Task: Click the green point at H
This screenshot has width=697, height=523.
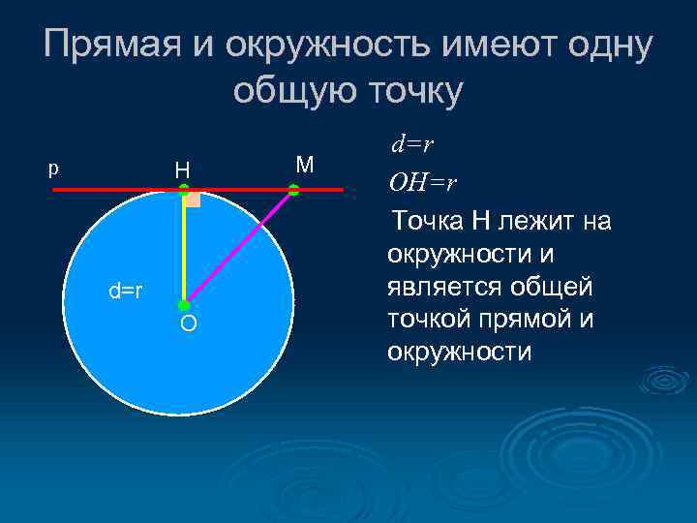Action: click(184, 191)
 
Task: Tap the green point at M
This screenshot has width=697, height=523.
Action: click(294, 192)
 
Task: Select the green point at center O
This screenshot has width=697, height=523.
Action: click(184, 305)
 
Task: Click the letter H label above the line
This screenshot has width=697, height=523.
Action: click(182, 170)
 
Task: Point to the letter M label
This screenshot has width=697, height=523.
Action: click(304, 165)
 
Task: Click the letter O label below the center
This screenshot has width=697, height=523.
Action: click(188, 323)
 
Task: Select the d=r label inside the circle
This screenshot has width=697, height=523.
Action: click(126, 290)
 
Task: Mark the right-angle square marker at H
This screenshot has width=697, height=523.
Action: click(193, 200)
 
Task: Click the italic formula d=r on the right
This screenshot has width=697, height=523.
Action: click(411, 146)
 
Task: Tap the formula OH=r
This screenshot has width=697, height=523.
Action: click(422, 182)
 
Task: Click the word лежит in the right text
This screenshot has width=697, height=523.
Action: click(537, 222)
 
